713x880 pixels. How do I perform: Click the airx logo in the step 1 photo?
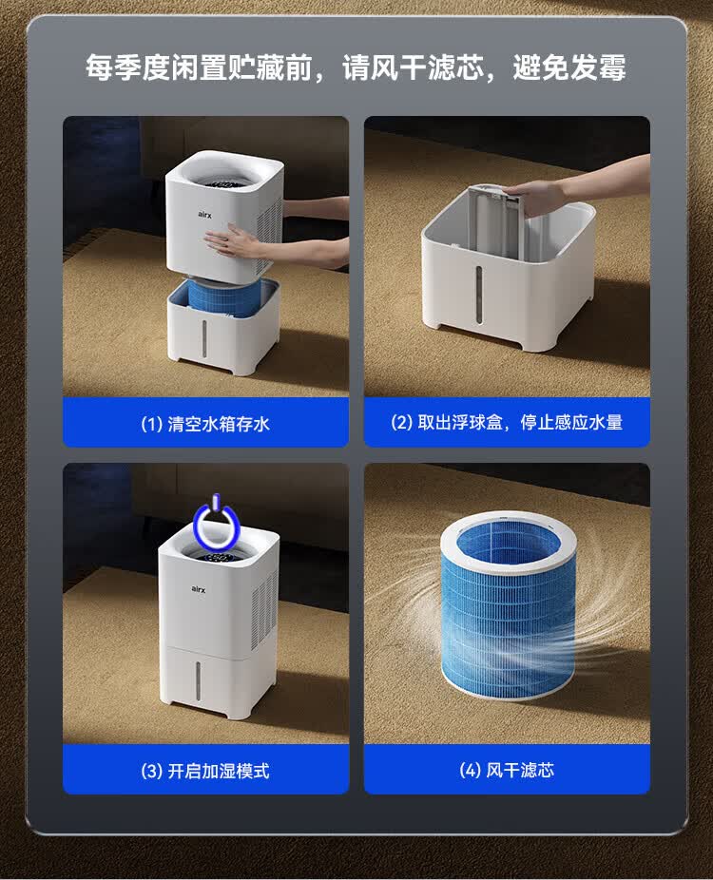205,214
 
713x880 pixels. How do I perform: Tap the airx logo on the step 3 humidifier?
198,588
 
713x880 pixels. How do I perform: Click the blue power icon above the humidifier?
216,523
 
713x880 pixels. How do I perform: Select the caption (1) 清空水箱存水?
205,423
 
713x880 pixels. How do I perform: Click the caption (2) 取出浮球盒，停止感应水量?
507,422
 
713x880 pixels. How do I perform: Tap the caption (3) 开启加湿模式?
205,771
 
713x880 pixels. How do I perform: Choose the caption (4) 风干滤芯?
507,770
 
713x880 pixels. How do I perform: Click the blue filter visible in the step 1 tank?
224,297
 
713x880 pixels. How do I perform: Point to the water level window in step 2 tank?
479,294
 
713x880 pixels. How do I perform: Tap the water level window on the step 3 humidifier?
198,680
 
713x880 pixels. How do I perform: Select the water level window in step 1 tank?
203,338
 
